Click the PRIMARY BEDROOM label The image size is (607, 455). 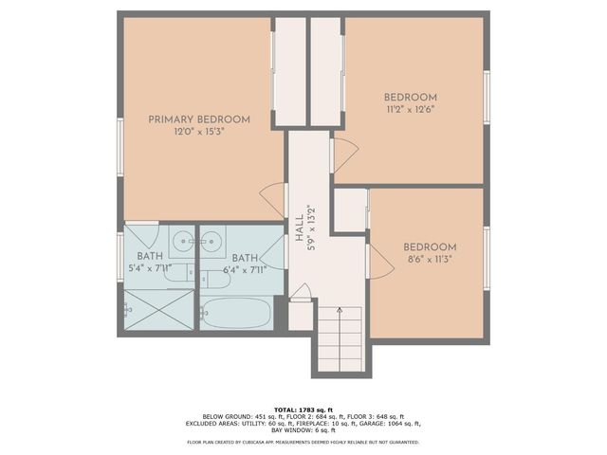(x=199, y=119)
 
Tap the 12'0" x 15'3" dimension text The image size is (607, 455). (x=199, y=132)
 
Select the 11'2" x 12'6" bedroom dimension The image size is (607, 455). (x=410, y=109)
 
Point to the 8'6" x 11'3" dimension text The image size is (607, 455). (x=430, y=259)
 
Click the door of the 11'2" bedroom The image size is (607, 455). (x=341, y=155)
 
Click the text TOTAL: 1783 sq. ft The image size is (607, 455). (x=303, y=408)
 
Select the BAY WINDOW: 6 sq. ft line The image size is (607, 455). (x=303, y=431)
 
